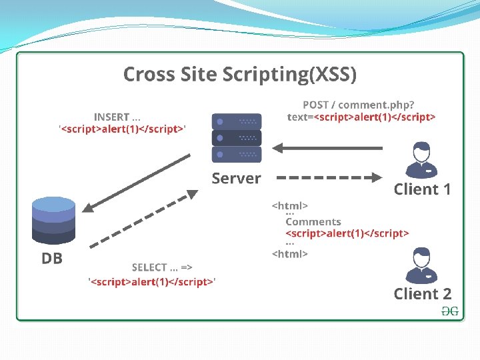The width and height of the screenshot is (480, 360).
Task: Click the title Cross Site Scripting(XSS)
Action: (240, 74)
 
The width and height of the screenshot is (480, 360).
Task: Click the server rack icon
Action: (237, 138)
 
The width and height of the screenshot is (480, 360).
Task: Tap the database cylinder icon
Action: (54, 223)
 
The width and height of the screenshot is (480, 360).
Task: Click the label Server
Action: (236, 178)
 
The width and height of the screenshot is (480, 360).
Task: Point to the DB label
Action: (52, 259)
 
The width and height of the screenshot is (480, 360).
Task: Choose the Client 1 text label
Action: (422, 189)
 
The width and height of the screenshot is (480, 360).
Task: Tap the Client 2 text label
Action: (422, 294)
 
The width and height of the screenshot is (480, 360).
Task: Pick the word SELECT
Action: (149, 267)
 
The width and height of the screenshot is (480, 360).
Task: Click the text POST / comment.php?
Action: (359, 105)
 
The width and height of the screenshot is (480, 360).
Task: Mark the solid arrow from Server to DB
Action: (139, 183)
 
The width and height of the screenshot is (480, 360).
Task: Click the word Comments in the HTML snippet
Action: (313, 221)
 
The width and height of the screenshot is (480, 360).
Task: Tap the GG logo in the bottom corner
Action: (450, 311)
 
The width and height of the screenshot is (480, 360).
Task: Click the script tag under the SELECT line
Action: (152, 282)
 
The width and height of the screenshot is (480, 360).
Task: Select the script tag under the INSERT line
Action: (123, 128)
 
